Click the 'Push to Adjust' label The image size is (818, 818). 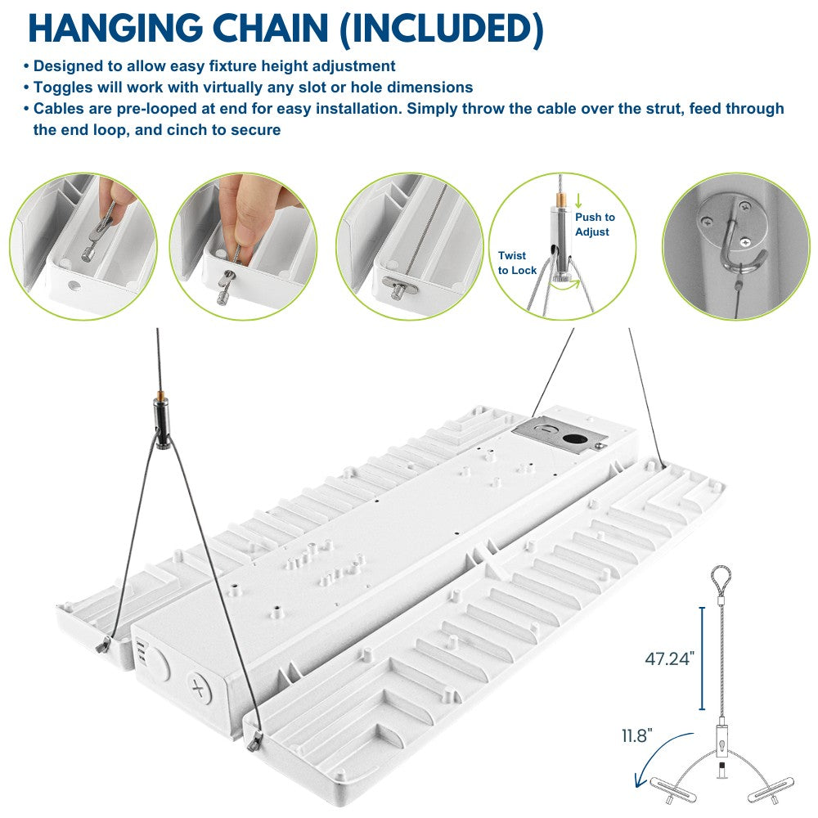pyautogui.click(x=595, y=224)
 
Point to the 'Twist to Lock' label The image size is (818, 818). pyautogui.click(x=517, y=263)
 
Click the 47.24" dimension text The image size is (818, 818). pyautogui.click(x=670, y=658)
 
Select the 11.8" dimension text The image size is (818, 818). pyautogui.click(x=637, y=735)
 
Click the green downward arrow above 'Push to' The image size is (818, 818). pyautogui.click(x=578, y=201)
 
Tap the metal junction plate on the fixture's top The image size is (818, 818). pyautogui.click(x=560, y=435)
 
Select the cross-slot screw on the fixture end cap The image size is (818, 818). pyautogui.click(x=199, y=689)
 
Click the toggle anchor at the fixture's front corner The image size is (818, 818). pyautogui.click(x=254, y=741)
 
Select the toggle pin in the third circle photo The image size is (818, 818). pyautogui.click(x=400, y=285)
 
